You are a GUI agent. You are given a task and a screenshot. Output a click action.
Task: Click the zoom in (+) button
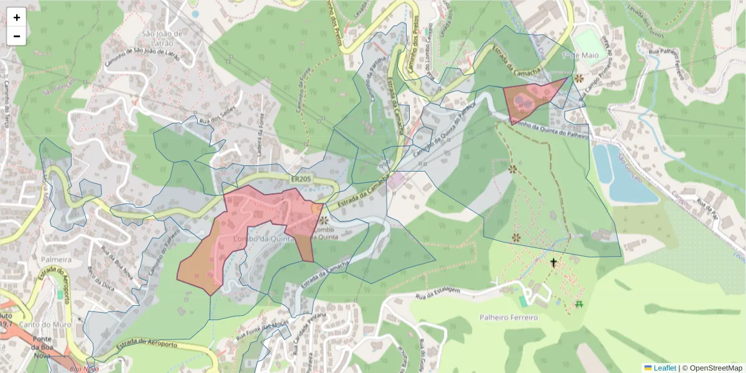coord(17,17)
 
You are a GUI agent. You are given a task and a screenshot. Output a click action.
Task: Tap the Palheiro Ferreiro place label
coord(509,318)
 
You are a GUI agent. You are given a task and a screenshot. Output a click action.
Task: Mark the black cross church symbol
coord(553,263)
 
